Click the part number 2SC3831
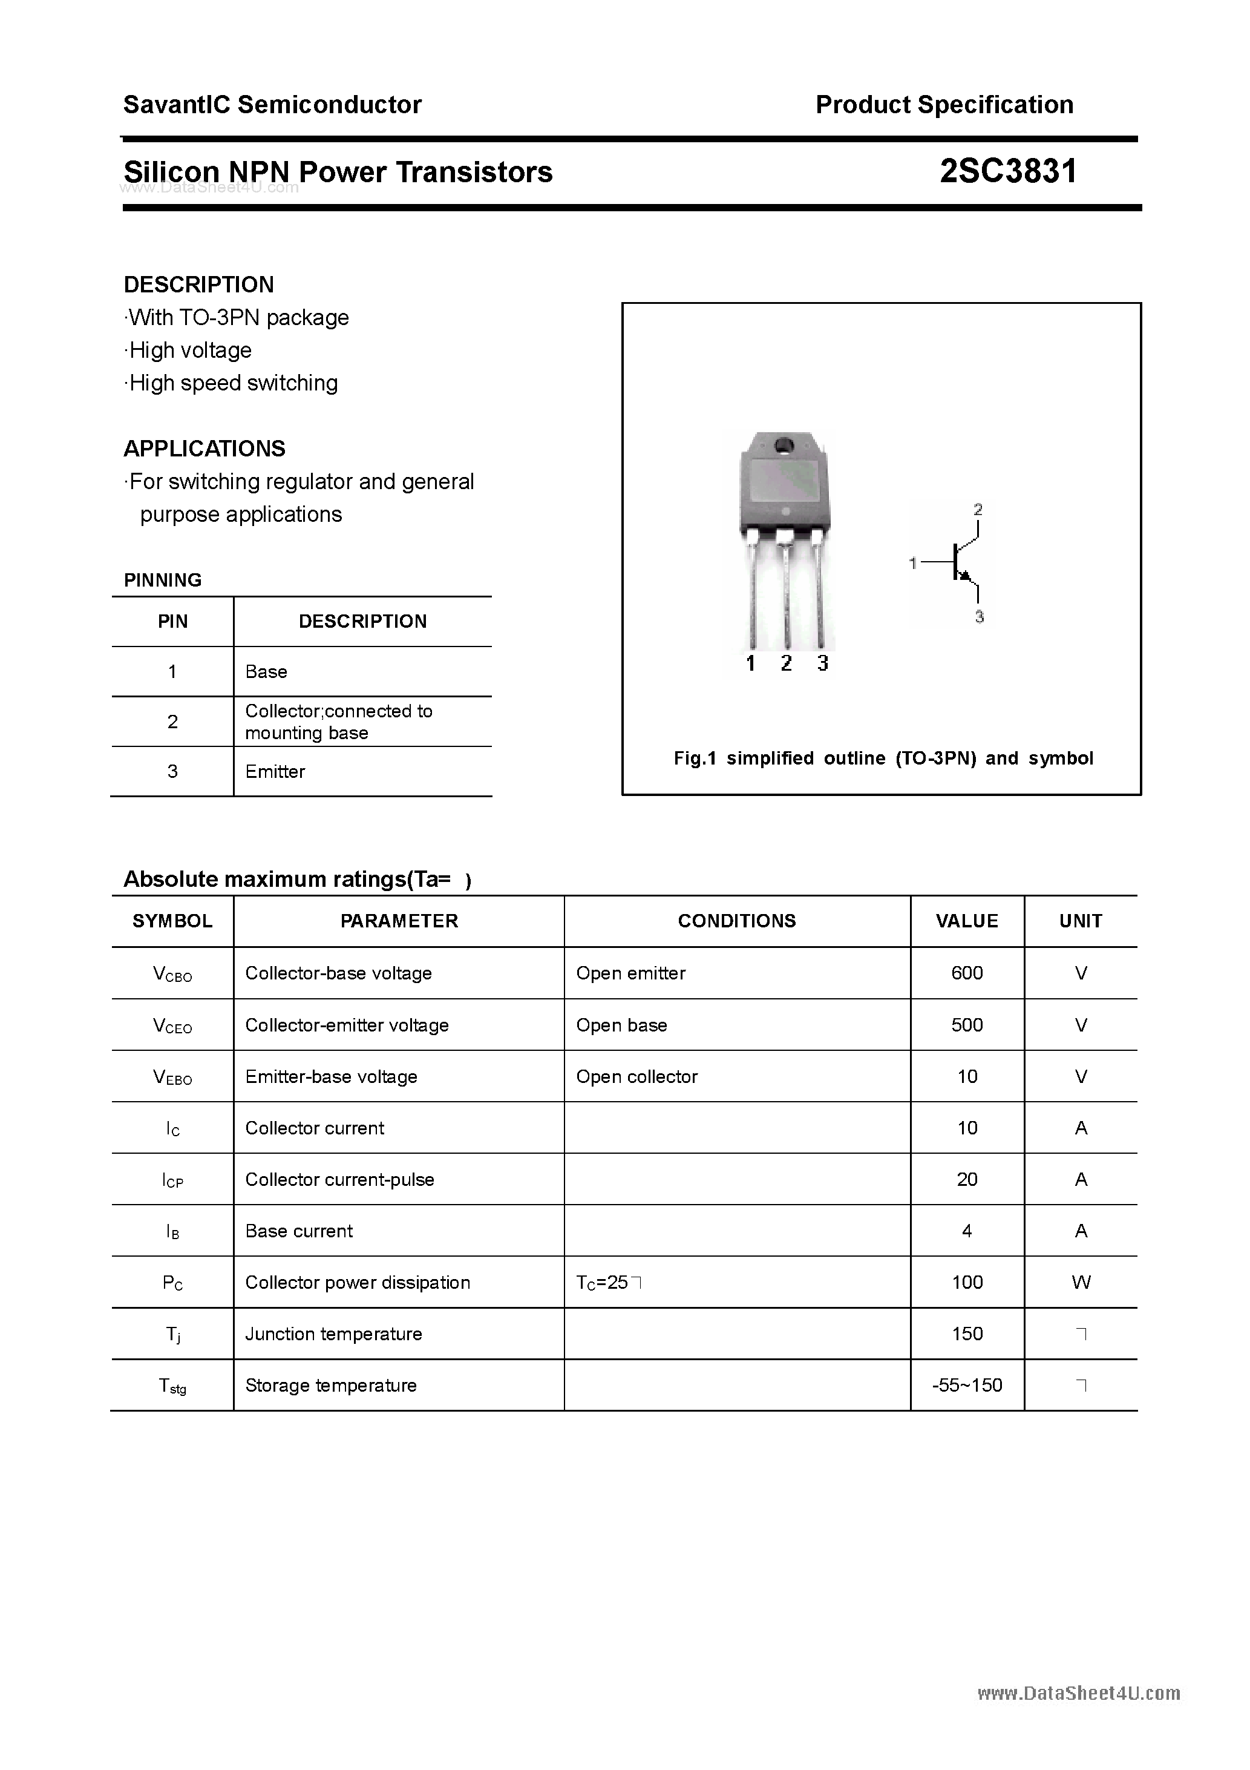1007,171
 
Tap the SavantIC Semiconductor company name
272,104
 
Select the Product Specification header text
944,104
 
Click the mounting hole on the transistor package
785,446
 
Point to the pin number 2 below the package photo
786,663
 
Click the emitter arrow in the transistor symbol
966,576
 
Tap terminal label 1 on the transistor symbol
913,564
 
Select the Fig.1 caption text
883,758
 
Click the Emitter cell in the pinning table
275,771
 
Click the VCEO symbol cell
172,1025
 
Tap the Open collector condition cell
636,1076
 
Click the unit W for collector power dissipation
1081,1282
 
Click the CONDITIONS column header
737,921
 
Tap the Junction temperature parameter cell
334,1334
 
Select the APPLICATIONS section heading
205,449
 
